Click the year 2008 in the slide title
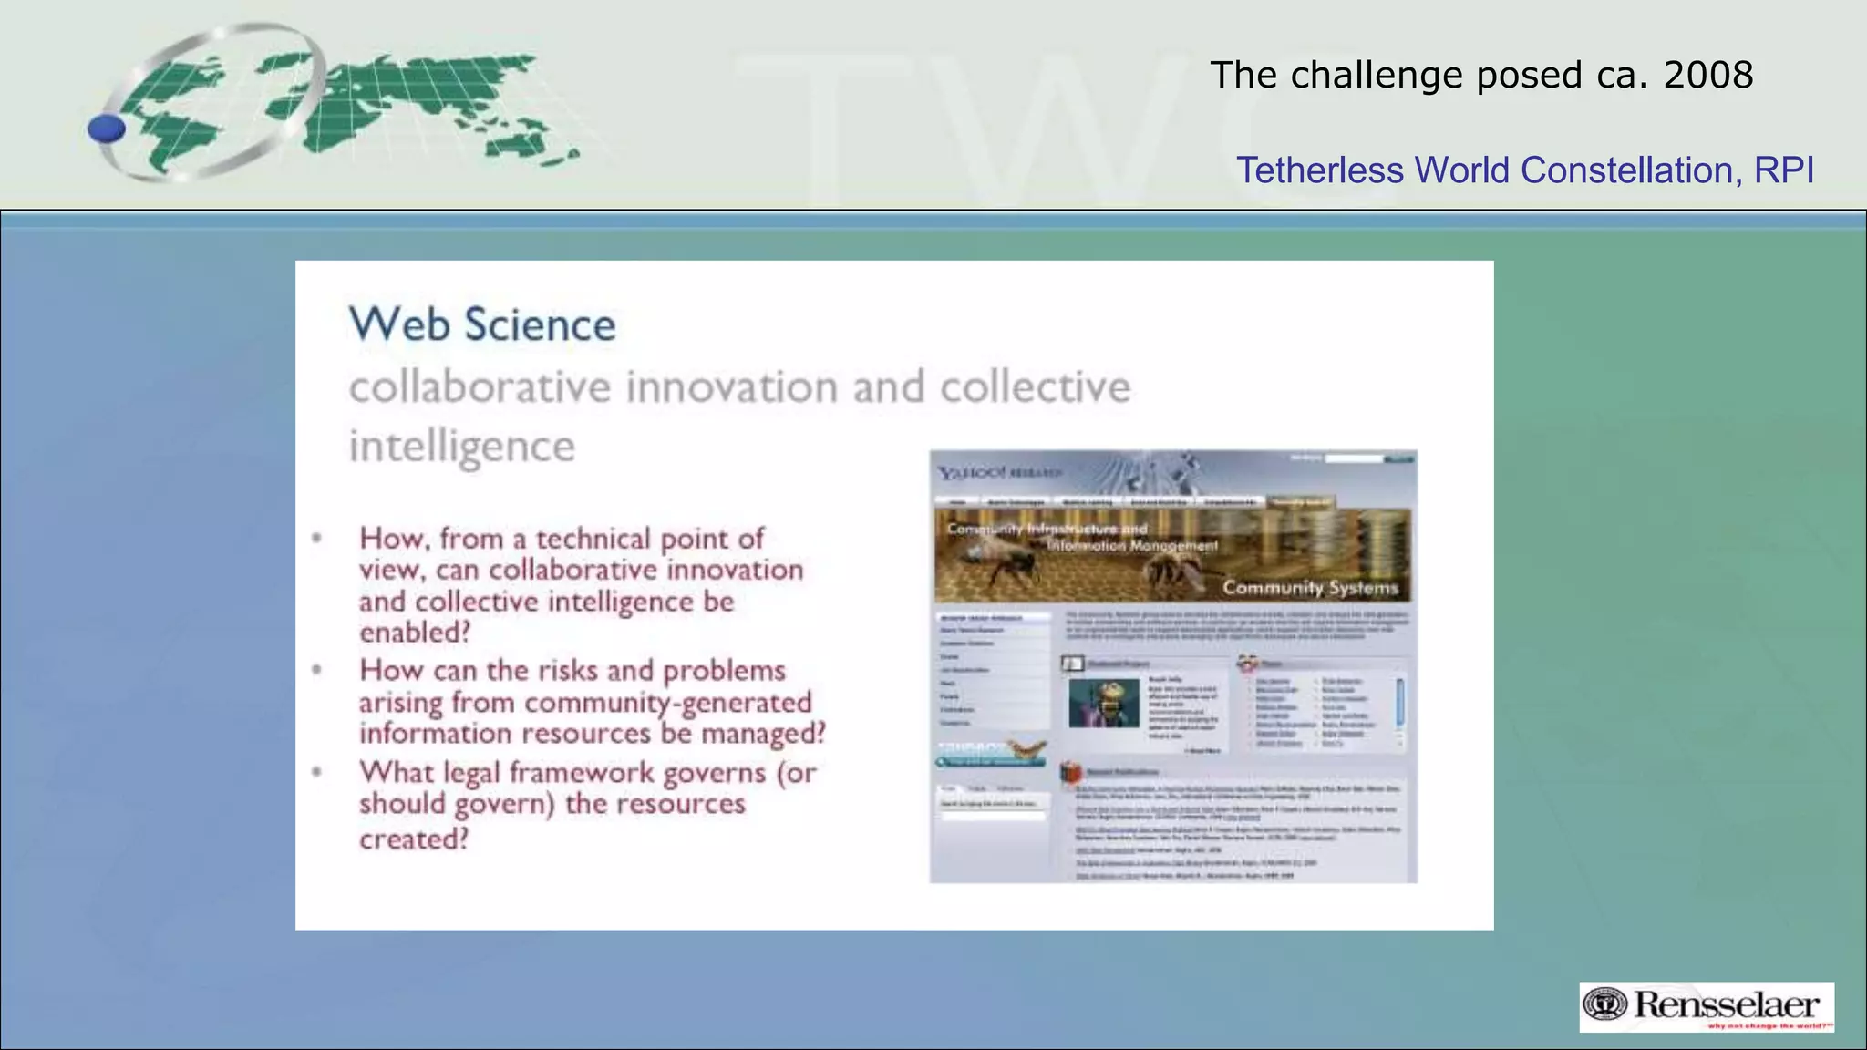(1707, 75)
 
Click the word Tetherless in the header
(1319, 170)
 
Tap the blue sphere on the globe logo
(107, 129)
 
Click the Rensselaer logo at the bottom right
(1707, 1006)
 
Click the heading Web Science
(482, 325)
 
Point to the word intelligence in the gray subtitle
(462, 447)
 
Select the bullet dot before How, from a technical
(316, 538)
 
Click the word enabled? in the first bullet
(415, 633)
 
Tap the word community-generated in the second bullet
(667, 702)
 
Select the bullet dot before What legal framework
(316, 772)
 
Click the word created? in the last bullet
(414, 839)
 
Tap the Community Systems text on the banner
(1310, 588)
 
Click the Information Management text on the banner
(1131, 546)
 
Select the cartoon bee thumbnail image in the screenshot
(1104, 702)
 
